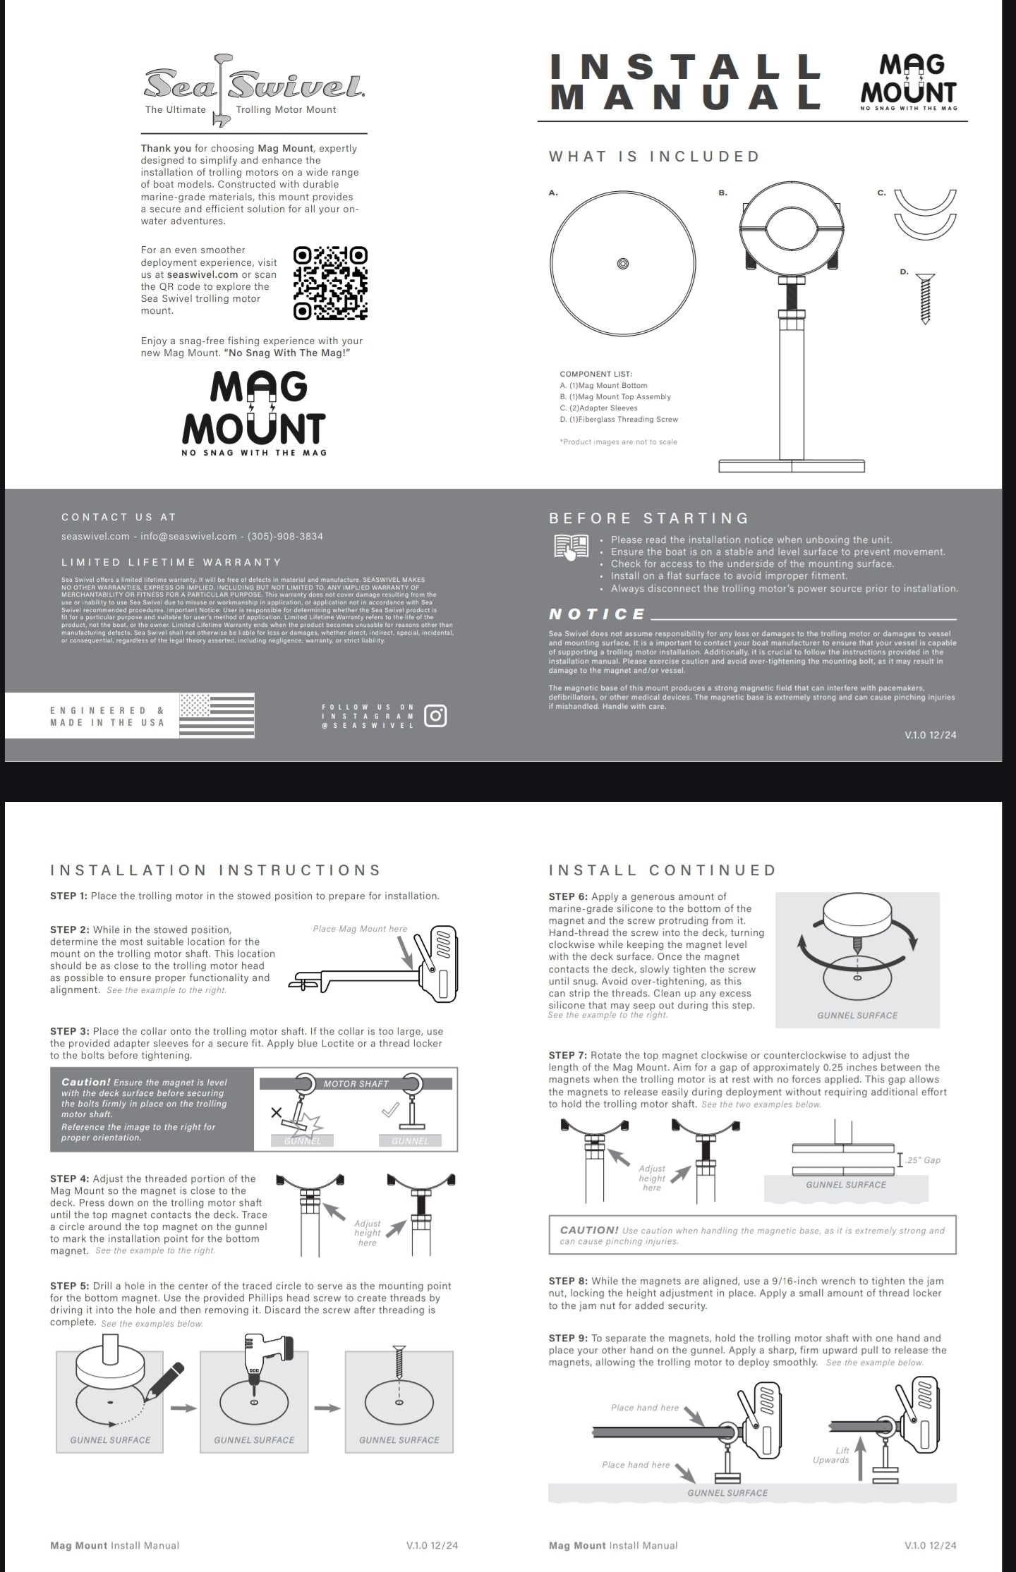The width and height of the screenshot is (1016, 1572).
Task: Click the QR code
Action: click(330, 283)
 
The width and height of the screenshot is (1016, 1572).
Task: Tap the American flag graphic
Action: click(217, 714)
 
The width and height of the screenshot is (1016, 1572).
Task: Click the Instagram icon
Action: click(435, 716)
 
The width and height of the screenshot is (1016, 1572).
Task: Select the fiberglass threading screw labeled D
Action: click(926, 299)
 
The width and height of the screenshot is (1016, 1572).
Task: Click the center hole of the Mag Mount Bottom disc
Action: click(622, 264)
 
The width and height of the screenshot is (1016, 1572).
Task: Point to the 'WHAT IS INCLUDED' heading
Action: click(654, 157)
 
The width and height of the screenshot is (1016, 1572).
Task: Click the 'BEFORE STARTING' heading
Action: click(648, 518)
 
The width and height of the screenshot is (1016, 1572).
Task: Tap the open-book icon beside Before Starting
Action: click(571, 547)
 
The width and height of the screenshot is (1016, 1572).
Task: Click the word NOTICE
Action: click(597, 614)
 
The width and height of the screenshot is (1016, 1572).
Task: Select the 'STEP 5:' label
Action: click(69, 1286)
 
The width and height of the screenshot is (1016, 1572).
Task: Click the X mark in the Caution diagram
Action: click(277, 1114)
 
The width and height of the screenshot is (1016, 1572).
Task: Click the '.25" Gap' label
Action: click(924, 1160)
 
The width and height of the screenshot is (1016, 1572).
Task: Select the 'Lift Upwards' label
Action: click(832, 1455)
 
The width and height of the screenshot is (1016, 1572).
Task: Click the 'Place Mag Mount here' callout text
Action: click(360, 929)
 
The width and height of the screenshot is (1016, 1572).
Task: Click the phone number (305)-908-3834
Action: click(285, 536)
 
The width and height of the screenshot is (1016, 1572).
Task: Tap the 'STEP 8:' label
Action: click(568, 1281)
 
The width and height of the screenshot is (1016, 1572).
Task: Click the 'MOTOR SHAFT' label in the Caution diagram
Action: click(356, 1084)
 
